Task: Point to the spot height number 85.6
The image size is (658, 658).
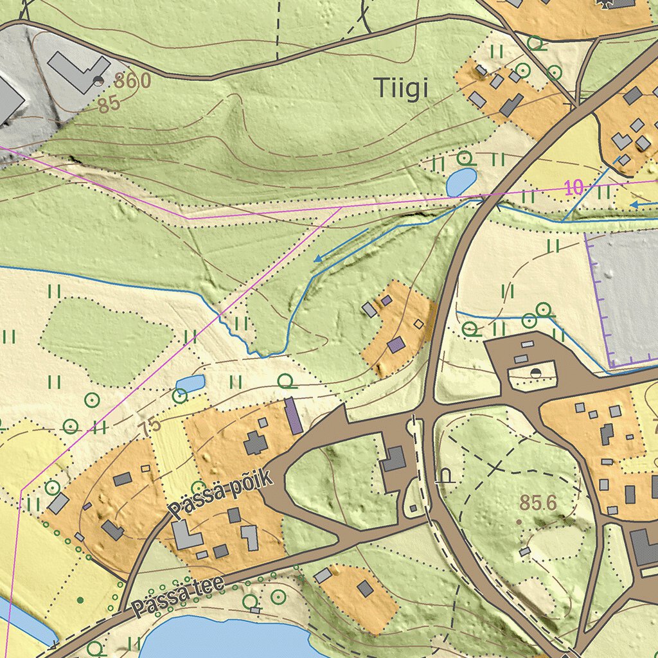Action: point(538,503)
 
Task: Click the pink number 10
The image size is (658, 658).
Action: point(574,188)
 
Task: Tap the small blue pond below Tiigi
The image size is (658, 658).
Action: point(461,182)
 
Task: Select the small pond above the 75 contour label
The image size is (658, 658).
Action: point(190,384)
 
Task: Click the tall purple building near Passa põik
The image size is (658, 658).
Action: point(293,415)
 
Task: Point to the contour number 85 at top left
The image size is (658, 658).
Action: point(110,103)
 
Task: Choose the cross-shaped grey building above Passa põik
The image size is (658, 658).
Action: point(256,443)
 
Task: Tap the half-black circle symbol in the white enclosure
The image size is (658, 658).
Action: point(535,373)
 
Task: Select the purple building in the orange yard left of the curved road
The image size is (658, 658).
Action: point(396,345)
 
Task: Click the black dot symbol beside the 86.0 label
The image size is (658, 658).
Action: point(98,80)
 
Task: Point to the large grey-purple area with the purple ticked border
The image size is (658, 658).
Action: point(627,296)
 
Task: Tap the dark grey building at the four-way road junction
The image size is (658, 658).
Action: point(393,459)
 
